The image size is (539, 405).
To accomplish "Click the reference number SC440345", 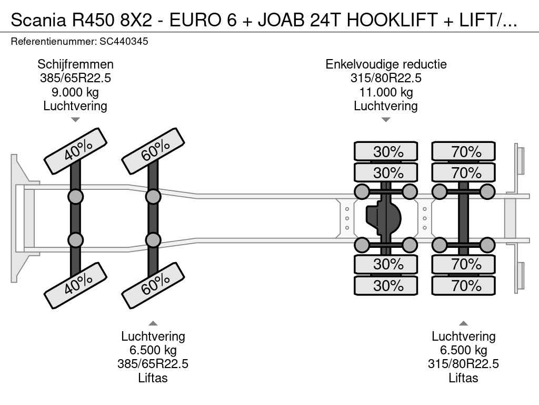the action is click(x=124, y=42).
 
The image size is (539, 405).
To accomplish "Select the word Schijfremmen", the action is click(x=75, y=64).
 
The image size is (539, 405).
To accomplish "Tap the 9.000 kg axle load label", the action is click(x=75, y=92).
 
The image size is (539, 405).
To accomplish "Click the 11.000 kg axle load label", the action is click(x=386, y=92).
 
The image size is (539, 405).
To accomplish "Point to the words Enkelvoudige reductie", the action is click(x=386, y=64).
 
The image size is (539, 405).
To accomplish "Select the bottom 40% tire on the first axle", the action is click(x=75, y=285).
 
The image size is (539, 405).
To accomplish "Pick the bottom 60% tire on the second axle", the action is click(x=153, y=285).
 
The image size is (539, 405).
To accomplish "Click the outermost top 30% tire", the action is click(x=386, y=151).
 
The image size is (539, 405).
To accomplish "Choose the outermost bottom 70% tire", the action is click(x=463, y=285).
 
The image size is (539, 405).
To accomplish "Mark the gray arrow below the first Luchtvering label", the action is click(x=75, y=120).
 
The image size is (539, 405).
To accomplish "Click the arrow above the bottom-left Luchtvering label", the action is click(x=153, y=323).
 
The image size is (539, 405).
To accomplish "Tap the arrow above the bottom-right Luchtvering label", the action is click(x=463, y=323).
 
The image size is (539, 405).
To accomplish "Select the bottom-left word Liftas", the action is click(x=153, y=378).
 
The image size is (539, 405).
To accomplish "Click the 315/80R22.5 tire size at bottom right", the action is click(x=463, y=364).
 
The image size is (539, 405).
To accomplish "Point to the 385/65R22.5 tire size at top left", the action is click(x=75, y=78).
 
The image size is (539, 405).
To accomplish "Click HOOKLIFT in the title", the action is click(x=392, y=20).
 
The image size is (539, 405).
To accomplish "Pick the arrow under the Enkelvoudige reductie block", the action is click(x=386, y=120).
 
